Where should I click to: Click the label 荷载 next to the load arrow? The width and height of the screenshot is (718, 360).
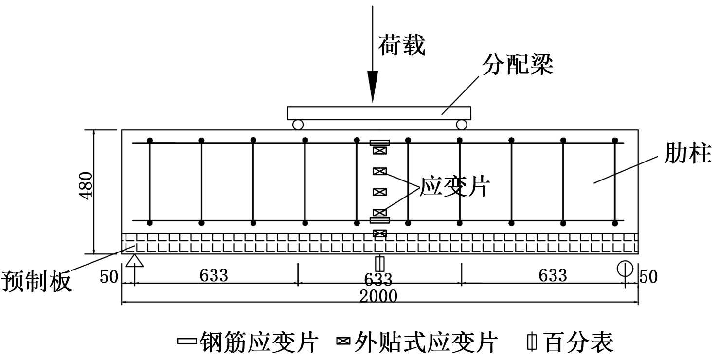[402, 46]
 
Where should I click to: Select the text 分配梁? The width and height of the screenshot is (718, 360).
[518, 64]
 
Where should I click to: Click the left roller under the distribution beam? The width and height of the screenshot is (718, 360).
[298, 125]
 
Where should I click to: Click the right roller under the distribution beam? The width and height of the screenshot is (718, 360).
[462, 125]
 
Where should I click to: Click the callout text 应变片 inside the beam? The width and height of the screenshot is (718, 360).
[454, 186]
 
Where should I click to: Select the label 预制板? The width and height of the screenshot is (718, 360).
[36, 281]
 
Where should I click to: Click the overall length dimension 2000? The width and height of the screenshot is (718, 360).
[378, 295]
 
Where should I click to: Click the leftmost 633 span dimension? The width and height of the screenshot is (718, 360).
[214, 275]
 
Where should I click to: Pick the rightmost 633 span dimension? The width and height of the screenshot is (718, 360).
[553, 275]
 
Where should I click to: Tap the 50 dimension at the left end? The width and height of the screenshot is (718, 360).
[109, 277]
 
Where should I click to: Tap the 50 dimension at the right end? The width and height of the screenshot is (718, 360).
[648, 277]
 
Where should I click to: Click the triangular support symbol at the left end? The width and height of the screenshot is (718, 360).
[135, 261]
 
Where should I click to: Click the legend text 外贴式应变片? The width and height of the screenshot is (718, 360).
[427, 342]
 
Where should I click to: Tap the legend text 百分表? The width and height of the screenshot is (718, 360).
[578, 342]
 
